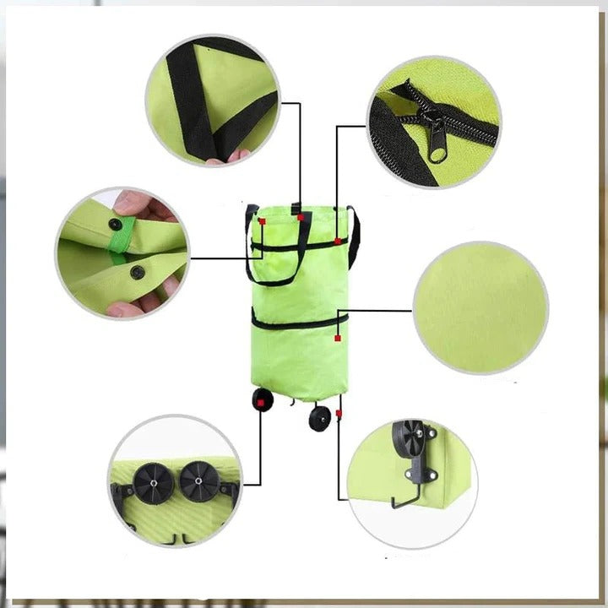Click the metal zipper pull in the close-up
437,138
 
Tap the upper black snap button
114,224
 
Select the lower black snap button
137,272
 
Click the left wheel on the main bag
262,399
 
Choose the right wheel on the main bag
319,417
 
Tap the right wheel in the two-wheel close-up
200,481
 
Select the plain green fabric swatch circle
480,307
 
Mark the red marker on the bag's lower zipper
337,338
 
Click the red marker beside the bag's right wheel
338,413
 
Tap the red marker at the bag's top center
301,217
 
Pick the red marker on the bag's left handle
263,221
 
